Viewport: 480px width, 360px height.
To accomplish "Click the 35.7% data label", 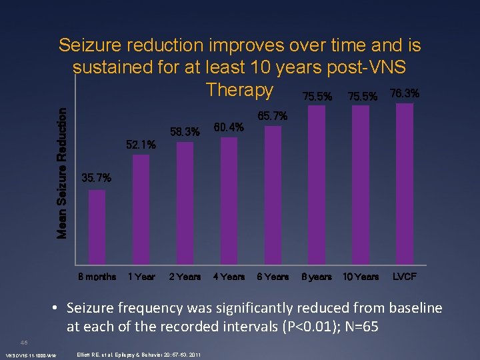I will coord(96,178).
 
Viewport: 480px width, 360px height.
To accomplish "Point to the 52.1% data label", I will coord(141,144).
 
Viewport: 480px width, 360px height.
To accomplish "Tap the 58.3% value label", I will coord(185,132).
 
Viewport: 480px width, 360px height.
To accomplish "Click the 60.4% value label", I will coord(229,127).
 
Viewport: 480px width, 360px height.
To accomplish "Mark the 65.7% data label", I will coord(273,116).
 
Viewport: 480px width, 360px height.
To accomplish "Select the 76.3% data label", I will coord(405,94).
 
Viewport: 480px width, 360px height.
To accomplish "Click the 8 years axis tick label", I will coord(317,276).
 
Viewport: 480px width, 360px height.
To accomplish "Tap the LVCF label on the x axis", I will coord(405,276).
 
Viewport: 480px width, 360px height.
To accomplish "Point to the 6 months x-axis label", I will coord(97,276).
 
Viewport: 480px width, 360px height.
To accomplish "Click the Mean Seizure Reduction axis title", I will coord(61,173).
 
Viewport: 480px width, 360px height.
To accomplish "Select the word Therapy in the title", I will coord(239,89).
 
